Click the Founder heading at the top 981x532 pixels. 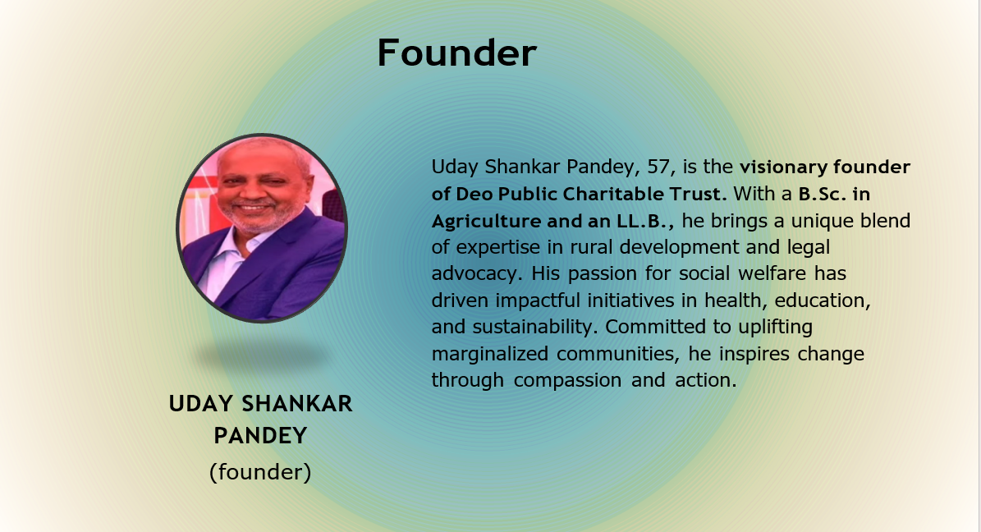(x=456, y=53)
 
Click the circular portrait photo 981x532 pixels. (x=262, y=228)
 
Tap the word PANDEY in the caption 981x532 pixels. (x=260, y=436)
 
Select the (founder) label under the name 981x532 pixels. (x=260, y=471)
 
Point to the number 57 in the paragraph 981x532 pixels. (x=658, y=167)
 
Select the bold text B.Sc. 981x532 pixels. (x=822, y=194)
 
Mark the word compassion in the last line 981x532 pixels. (x=567, y=381)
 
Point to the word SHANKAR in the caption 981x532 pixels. (x=297, y=404)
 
